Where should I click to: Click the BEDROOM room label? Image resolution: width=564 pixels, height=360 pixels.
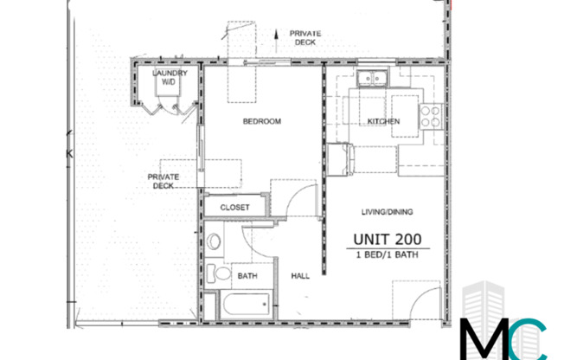pos(261,122)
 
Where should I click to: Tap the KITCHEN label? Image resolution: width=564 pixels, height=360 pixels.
pos(382,122)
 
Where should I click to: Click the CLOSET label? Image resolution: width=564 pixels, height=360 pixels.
pos(234,208)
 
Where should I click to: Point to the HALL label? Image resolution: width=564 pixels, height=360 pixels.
pos(300,275)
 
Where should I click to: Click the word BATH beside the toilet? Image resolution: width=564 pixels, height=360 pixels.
pos(247,276)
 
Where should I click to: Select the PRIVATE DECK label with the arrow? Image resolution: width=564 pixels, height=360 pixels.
pos(305,37)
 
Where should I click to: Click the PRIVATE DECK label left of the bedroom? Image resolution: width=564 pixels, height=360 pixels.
pos(163,181)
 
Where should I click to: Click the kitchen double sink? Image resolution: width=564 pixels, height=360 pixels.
pos(374,77)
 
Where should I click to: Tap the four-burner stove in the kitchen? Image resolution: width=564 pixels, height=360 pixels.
pos(430,116)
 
